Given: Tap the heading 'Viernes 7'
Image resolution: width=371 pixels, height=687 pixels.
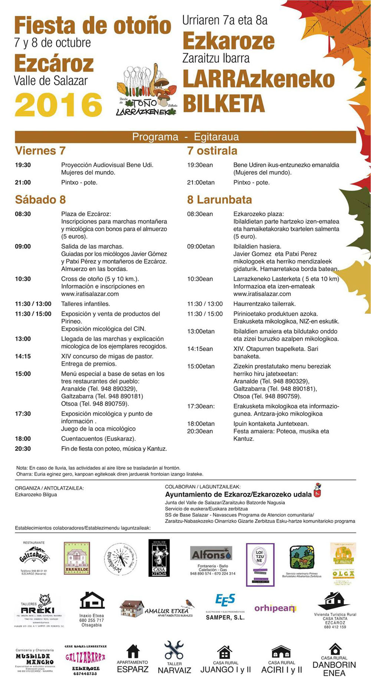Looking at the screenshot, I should click(40, 151).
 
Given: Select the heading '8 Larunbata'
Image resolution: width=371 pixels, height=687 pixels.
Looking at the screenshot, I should click(219, 200).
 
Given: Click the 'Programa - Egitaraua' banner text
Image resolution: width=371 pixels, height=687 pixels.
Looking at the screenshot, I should click(185, 137).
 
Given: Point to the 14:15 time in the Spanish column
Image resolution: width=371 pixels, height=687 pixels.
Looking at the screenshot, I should click(23, 356).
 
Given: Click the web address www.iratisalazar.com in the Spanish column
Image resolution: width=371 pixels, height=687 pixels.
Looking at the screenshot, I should click(90, 294).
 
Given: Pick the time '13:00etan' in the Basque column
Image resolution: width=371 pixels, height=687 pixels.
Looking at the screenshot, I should click(201, 331).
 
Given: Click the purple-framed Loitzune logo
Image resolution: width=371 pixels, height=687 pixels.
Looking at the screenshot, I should click(260, 564).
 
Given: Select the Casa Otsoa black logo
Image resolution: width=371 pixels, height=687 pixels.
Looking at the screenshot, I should click(159, 558).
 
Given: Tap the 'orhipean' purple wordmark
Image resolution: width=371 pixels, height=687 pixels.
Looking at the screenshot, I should click(275, 608).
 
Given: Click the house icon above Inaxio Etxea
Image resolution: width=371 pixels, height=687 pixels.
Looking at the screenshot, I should click(92, 600).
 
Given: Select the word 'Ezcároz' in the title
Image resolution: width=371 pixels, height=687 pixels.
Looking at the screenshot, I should click(54, 64).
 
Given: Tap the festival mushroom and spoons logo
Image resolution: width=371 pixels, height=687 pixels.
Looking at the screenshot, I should click(147, 91).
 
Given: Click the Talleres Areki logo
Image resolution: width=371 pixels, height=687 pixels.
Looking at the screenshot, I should click(38, 610).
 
